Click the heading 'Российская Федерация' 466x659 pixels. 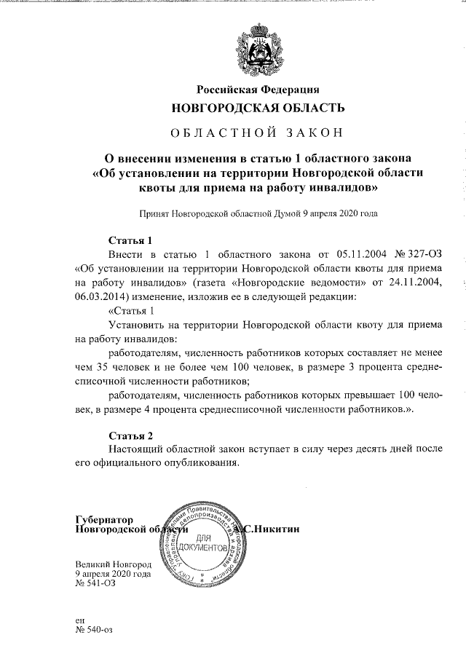(x=258, y=90)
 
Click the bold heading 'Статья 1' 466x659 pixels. (x=130, y=240)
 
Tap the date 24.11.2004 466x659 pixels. (x=415, y=282)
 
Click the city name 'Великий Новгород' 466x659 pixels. (x=113, y=564)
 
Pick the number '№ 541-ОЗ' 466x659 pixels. (x=95, y=583)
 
